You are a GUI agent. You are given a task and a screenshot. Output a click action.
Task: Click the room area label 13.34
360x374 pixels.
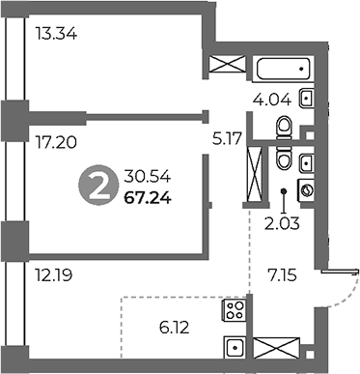tap(55, 37)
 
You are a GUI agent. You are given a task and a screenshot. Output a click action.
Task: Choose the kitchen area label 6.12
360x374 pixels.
tap(175, 329)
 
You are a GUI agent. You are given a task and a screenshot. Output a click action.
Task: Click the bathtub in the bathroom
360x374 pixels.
tap(284, 68)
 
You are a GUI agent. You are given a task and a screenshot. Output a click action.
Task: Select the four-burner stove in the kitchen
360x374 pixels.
tap(235, 310)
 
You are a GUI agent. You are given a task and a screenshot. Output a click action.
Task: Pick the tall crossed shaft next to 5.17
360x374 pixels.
tap(256, 172)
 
